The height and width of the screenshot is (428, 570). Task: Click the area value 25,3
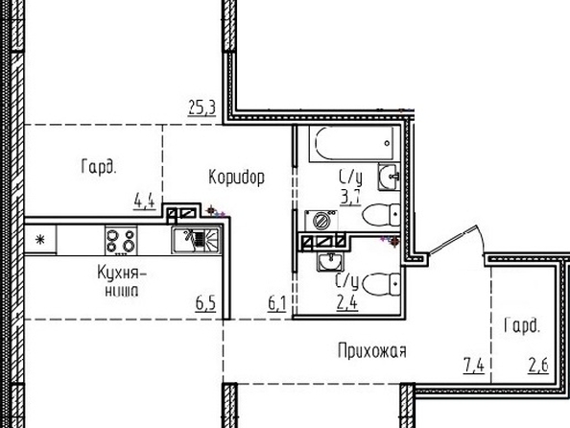pos(202,108)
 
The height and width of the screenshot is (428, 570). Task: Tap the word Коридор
pos(237,178)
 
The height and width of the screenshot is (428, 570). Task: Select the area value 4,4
pos(145,201)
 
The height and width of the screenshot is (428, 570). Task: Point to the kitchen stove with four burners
pos(121,240)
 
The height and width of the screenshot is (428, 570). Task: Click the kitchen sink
pos(197,239)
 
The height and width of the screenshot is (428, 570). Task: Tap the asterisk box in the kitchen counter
pos(40,240)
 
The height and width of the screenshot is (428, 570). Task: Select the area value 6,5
pos(205,303)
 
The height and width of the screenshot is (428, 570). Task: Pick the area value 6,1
pos(277,303)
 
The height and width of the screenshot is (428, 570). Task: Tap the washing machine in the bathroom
pos(321,220)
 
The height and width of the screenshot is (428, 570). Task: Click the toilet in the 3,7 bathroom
pos(381,215)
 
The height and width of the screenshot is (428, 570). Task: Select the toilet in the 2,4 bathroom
pos(381,285)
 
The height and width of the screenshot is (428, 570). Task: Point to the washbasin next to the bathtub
pos(389,177)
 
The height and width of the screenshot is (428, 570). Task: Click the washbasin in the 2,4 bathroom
pos(330,261)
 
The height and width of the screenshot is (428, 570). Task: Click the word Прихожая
pos(372,351)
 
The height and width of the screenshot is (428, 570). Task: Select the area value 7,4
pos(474,365)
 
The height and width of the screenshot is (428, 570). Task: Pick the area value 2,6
pos(538,365)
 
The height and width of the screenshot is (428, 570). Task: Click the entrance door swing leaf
pos(453,240)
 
